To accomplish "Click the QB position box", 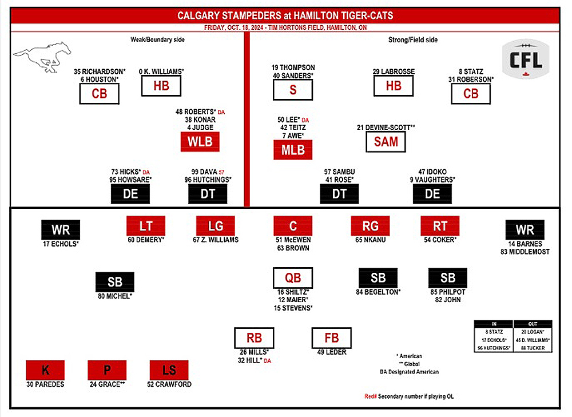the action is coord(293,278).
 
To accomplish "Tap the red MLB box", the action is coord(293,150).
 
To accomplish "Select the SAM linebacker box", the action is coord(386,142).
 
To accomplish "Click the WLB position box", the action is coord(200,142).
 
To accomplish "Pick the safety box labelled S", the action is coord(293,90).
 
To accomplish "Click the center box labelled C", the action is coord(293,226).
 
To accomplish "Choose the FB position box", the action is coord(331,338).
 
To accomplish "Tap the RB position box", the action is coord(254,338).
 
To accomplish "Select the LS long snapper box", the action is coord(169,370).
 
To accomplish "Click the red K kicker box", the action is coord(45,370).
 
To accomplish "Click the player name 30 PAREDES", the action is coord(45,384).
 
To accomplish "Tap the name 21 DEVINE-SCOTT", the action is coord(385,127).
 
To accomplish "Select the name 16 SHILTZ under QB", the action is coord(293,292).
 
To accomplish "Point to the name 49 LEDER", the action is coord(331,352).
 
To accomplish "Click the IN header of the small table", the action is coord(494,323).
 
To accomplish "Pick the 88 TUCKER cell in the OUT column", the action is coord(533,348).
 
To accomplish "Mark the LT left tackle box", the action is coord(146,226).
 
